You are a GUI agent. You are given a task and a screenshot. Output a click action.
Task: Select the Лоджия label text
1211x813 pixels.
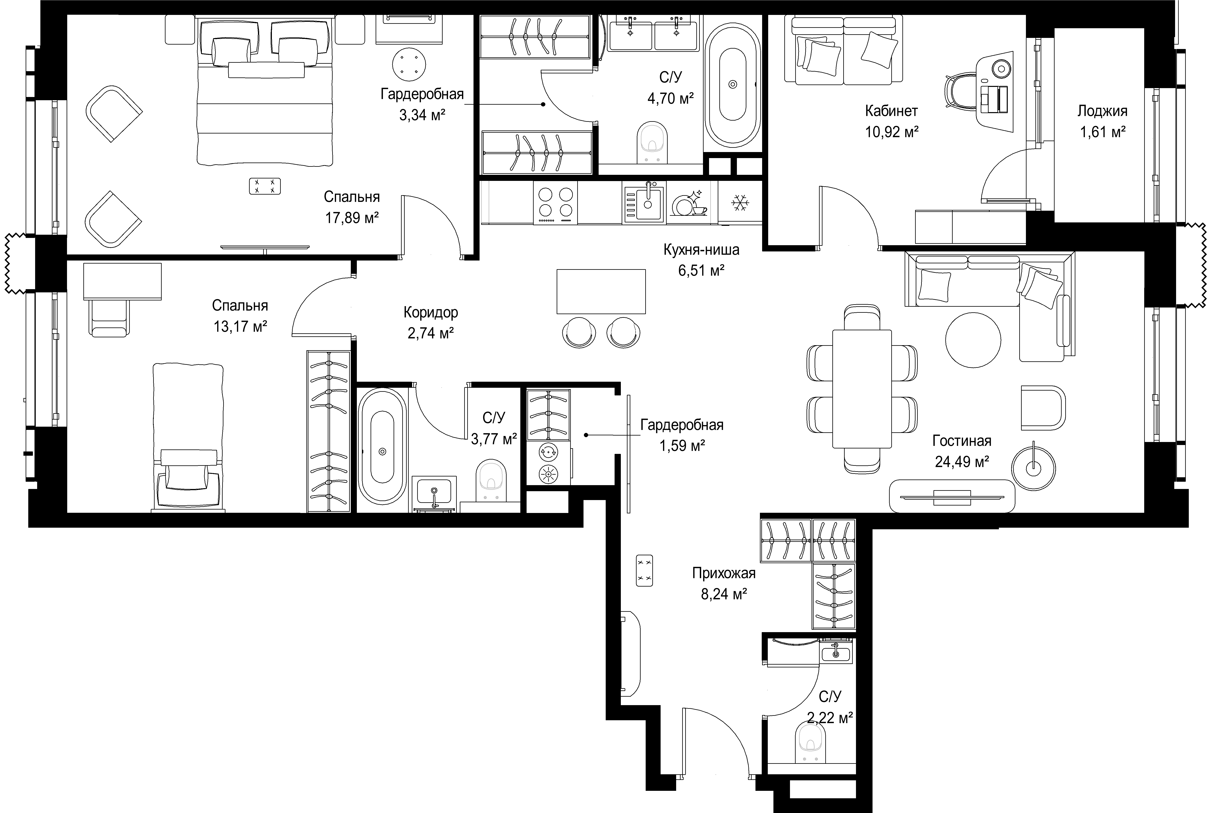pyautogui.click(x=1102, y=111)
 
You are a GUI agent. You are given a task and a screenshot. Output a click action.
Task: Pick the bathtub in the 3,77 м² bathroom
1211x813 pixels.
pyautogui.click(x=382, y=446)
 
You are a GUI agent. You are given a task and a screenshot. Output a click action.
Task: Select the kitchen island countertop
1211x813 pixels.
pyautogui.click(x=601, y=291)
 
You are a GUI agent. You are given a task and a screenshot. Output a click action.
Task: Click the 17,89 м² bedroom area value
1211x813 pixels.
pyautogui.click(x=352, y=218)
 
